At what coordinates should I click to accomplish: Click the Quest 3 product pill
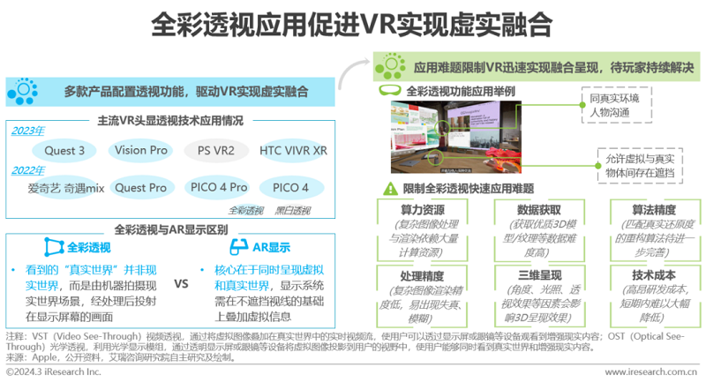pos(64,151)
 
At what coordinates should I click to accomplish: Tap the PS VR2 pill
pos(215,151)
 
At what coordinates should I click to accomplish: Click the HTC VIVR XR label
pos(294,151)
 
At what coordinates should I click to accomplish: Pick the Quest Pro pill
pos(141,188)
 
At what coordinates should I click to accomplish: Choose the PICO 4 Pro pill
pos(217,188)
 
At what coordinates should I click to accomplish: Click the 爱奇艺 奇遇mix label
pos(66,188)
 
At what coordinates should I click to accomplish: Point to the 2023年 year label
pos(27,131)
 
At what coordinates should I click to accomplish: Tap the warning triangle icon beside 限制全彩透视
pos(389,188)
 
